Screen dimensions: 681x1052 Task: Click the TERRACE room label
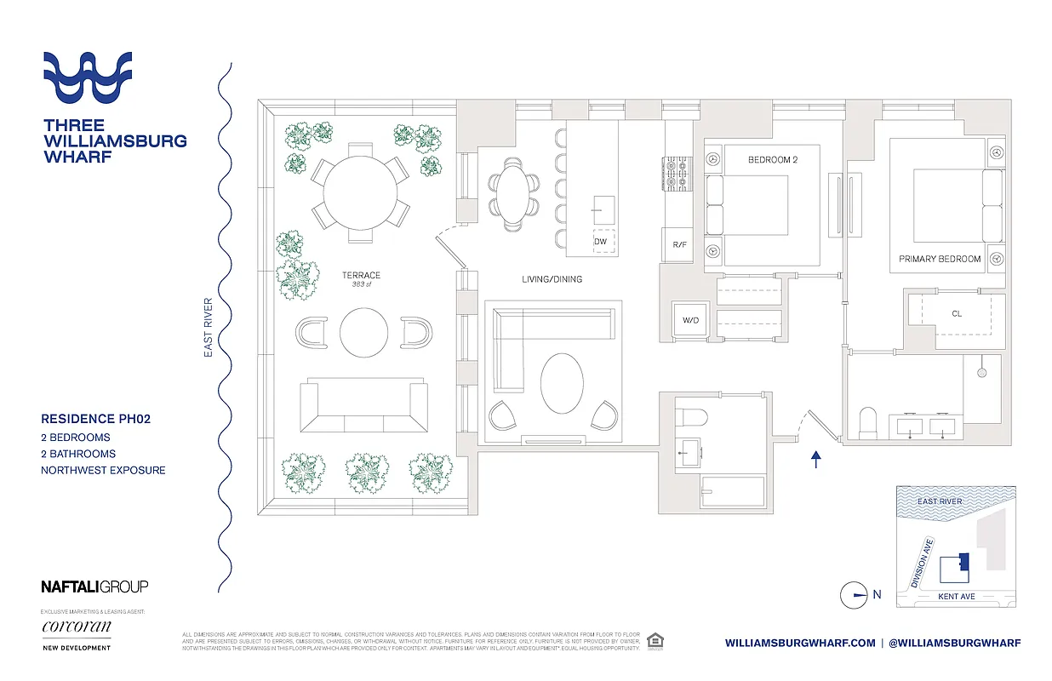click(x=361, y=275)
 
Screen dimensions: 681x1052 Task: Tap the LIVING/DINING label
click(x=552, y=279)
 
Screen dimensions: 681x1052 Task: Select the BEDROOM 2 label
click(x=772, y=159)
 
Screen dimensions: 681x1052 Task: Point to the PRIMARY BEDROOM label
click(x=940, y=259)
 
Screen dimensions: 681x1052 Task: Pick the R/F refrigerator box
click(x=679, y=245)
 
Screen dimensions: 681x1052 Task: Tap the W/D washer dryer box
click(x=689, y=321)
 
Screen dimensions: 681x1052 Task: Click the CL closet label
click(x=957, y=313)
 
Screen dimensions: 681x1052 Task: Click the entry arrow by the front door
click(x=815, y=461)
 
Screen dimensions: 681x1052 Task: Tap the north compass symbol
click(x=855, y=595)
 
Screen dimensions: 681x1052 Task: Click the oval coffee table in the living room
click(x=563, y=383)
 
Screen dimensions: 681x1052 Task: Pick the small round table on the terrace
click(x=363, y=331)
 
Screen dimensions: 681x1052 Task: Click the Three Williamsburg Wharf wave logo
click(x=88, y=77)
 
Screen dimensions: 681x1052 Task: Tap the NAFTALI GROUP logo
click(x=94, y=586)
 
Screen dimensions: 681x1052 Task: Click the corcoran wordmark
click(x=76, y=627)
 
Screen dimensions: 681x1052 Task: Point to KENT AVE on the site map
click(x=956, y=597)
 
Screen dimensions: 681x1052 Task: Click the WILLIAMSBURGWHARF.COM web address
click(x=799, y=643)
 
